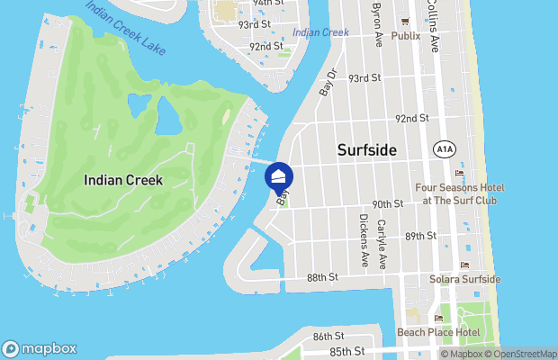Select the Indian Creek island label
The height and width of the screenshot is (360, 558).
click(123, 180)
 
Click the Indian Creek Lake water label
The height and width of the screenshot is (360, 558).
click(126, 28)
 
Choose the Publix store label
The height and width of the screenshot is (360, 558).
click(406, 36)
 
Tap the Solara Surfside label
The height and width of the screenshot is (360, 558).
click(464, 279)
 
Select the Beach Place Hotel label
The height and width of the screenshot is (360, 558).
click(439, 332)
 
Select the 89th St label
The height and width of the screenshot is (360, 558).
click(420, 236)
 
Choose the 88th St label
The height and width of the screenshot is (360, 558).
click(320, 277)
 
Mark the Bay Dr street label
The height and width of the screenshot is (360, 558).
click(328, 83)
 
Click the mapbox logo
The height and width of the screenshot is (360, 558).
click(40, 348)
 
